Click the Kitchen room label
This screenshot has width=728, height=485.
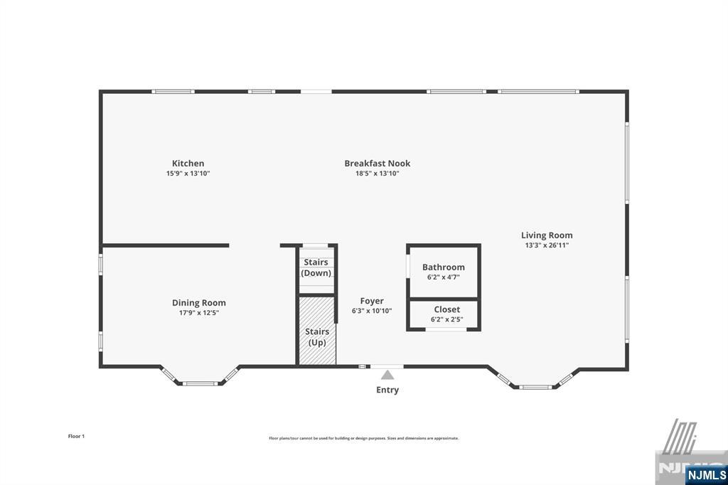pos(188,164)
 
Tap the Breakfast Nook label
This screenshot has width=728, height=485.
pos(378,164)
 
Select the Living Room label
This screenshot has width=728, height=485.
pos(547,235)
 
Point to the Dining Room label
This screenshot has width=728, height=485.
pos(199,303)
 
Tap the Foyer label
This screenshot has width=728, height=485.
pos(372,302)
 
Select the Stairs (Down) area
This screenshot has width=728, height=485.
pos(316,267)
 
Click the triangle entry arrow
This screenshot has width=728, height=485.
pos(387,375)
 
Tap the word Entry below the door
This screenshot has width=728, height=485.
pos(387,390)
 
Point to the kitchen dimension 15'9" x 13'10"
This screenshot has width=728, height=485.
pos(188,174)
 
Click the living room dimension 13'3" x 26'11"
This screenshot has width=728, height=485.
pos(547,245)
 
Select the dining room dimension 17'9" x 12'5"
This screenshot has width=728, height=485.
pos(199,313)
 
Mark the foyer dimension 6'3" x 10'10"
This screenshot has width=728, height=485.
pos(372,311)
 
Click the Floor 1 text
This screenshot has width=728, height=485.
pos(76,436)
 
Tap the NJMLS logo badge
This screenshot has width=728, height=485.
pos(706,474)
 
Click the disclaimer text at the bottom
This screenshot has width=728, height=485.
pos(363,438)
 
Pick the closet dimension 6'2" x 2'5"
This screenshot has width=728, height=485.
pos(446,319)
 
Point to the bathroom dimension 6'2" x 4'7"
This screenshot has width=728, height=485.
pos(444,277)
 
